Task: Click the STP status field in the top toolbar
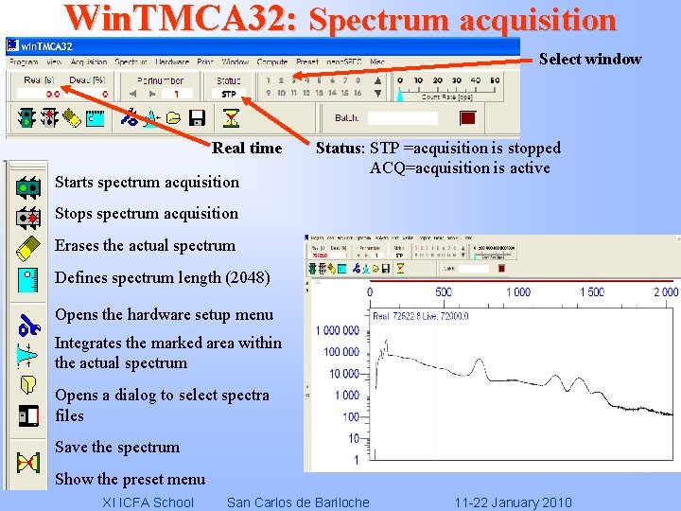click(229, 95)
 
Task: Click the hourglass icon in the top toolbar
click(231, 118)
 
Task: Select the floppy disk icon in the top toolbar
click(197, 118)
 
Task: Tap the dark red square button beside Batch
click(467, 118)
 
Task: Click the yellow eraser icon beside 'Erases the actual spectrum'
click(27, 249)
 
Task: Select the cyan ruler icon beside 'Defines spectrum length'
click(27, 281)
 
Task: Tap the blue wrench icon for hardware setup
click(27, 327)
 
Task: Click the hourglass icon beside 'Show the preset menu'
click(27, 463)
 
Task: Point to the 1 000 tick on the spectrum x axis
click(517, 292)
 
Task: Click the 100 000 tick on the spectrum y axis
click(340, 352)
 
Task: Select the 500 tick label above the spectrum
click(443, 292)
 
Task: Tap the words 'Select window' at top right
click(590, 60)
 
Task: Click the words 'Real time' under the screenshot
click(247, 149)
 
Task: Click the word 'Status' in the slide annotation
click(339, 149)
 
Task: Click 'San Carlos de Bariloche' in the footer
click(298, 502)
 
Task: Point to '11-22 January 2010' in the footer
click(513, 502)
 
